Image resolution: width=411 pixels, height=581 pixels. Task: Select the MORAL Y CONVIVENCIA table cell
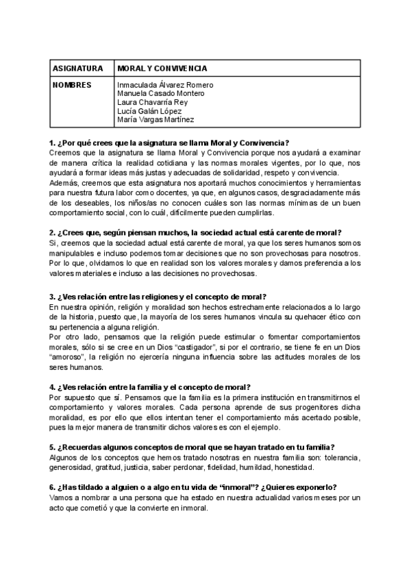pyautogui.click(x=162, y=69)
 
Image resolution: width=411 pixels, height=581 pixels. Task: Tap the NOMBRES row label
pyautogui.click(x=72, y=85)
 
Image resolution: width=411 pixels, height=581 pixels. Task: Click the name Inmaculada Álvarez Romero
pyautogui.click(x=165, y=85)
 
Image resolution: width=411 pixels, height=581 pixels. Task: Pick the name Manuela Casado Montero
pyautogui.click(x=160, y=94)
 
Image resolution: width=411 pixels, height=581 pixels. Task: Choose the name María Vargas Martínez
pyautogui.click(x=155, y=120)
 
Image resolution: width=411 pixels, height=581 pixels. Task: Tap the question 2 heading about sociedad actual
pyautogui.click(x=195, y=232)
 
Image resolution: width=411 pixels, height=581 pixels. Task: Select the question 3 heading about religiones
pyautogui.click(x=158, y=297)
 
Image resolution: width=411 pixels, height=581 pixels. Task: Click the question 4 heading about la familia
pyautogui.click(x=149, y=386)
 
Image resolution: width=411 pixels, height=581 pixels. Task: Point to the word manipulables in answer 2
pyautogui.click(x=73, y=254)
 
